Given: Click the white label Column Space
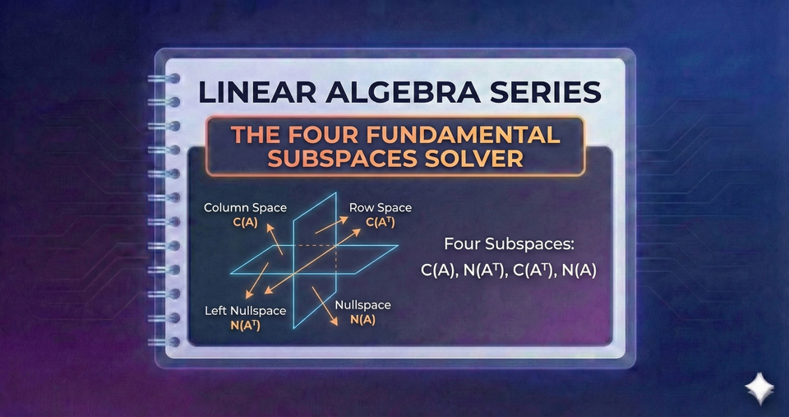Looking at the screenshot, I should tap(245, 208).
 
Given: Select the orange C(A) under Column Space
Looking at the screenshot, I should tap(245, 221).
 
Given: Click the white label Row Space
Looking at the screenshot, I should tap(381, 208).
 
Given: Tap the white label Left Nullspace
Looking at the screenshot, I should tap(244, 312).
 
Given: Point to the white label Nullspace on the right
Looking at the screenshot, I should tap(362, 306).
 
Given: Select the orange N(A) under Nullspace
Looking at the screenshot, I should tap(362, 320).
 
